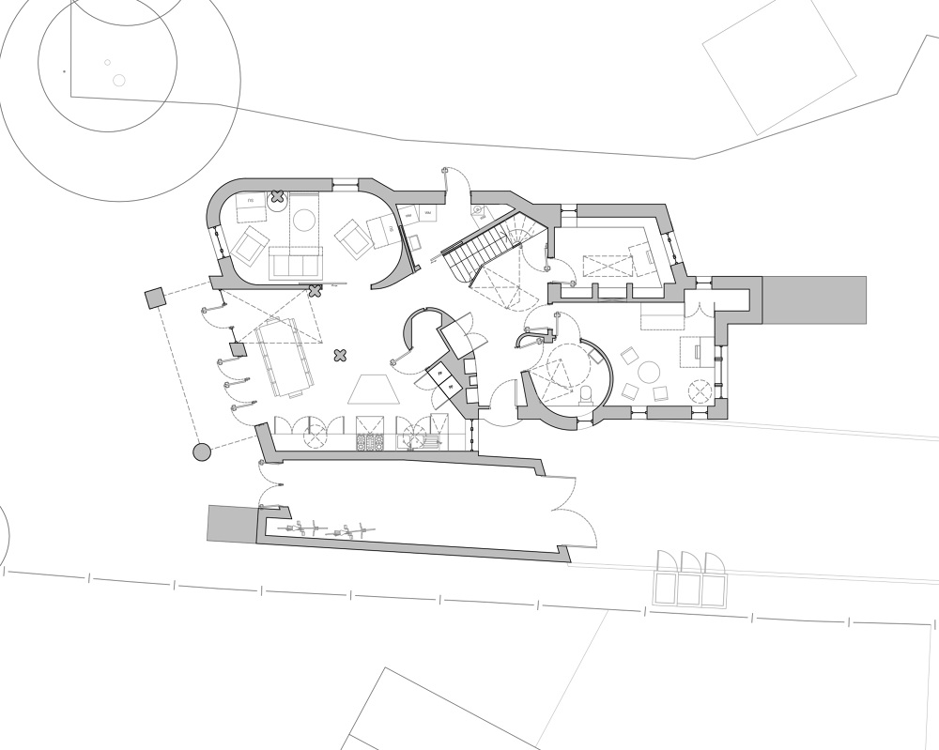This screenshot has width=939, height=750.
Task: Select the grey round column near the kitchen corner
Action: tap(201, 453)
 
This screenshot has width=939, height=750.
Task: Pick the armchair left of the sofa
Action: tap(250, 246)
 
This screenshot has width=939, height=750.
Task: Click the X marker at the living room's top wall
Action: tap(278, 197)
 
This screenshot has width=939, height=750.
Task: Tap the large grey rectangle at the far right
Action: tap(814, 299)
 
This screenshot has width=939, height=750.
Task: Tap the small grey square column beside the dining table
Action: tap(238, 350)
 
